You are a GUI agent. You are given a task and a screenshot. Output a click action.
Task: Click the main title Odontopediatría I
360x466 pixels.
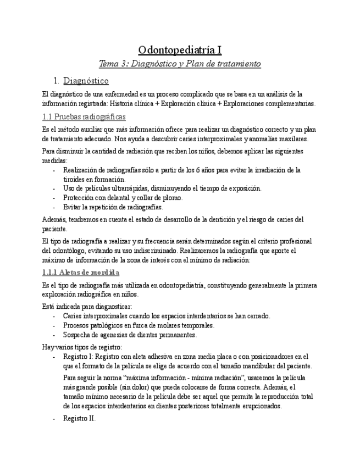pyautogui.click(x=180, y=50)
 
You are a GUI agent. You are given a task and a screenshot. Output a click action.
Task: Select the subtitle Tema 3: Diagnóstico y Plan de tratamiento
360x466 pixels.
pyautogui.click(x=180, y=64)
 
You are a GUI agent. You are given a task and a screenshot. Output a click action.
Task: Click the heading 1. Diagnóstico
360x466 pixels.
pyautogui.click(x=90, y=81)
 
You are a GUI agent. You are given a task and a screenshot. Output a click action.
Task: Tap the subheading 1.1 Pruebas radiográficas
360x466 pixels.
pyautogui.click(x=84, y=117)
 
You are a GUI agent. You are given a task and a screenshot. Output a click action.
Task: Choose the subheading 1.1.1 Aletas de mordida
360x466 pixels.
pyautogui.click(x=81, y=273)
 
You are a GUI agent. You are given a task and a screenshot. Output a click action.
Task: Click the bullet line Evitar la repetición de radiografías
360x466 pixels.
pyautogui.click(x=113, y=207)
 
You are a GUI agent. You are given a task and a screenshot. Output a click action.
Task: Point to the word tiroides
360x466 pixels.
pyautogui.click(x=74, y=179)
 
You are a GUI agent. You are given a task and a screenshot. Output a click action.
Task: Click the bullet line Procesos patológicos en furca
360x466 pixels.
pyautogui.click(x=138, y=325)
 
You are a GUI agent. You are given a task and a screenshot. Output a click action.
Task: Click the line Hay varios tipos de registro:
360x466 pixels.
pyautogui.click(x=82, y=347)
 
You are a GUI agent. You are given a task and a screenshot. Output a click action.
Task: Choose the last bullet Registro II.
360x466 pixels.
pyautogui.click(x=79, y=418)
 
